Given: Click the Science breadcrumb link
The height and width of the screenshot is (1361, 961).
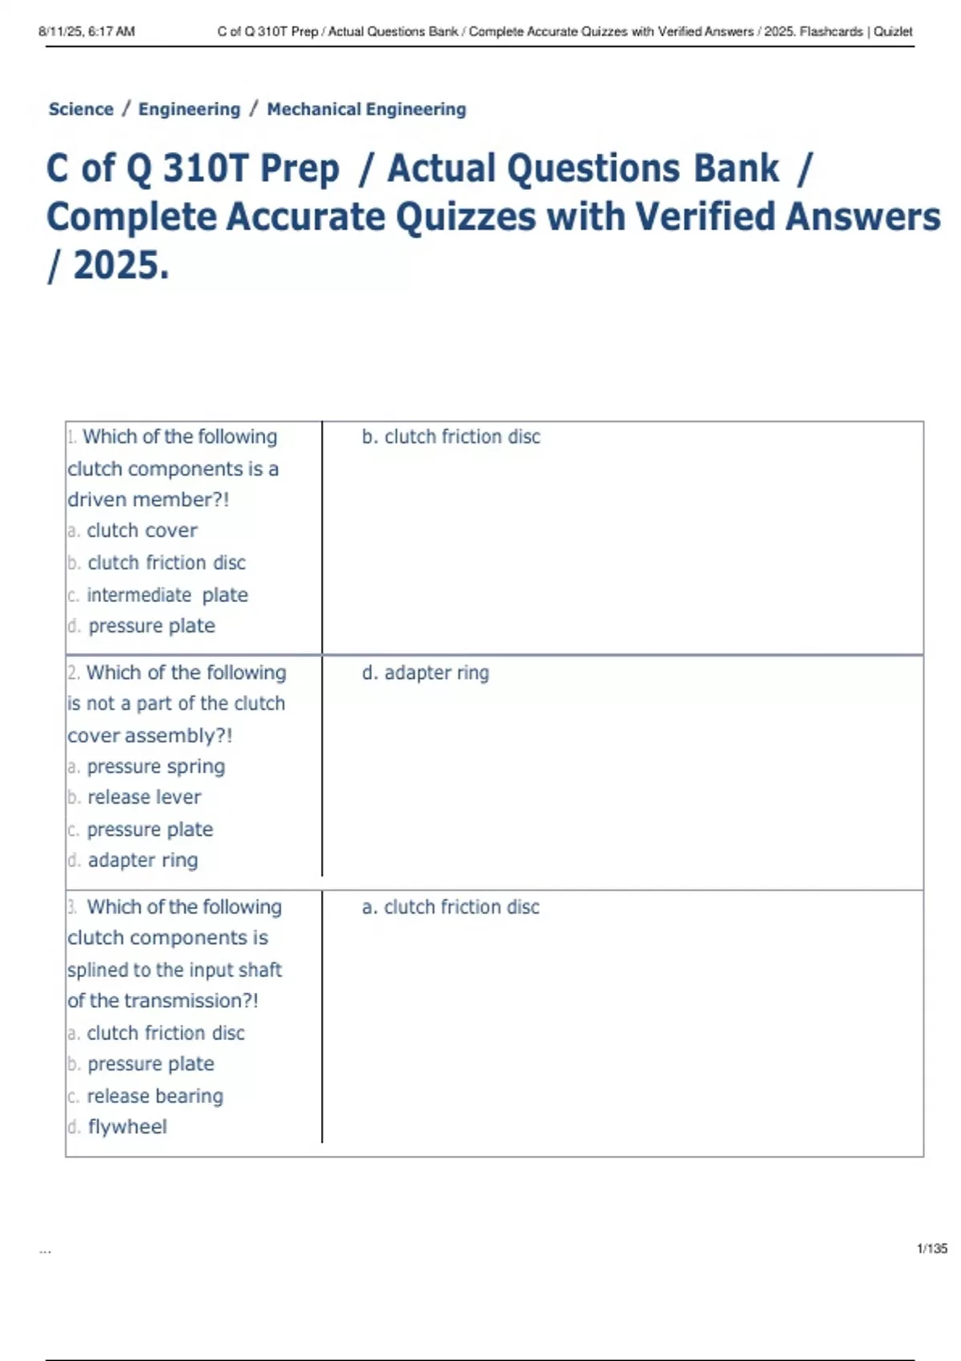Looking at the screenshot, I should [81, 109].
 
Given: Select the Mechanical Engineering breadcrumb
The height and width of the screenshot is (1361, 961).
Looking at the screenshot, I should [366, 109].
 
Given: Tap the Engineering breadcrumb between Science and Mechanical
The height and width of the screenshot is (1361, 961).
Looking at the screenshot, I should [189, 109].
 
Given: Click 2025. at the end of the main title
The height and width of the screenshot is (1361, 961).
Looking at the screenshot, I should [121, 266].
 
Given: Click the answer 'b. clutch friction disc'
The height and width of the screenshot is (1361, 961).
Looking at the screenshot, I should [451, 436].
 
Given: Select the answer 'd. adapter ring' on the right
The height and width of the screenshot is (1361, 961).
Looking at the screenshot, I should [425, 672].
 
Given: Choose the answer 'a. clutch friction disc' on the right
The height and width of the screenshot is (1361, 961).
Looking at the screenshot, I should [451, 907].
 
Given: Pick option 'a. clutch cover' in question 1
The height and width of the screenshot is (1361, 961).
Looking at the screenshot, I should [133, 530].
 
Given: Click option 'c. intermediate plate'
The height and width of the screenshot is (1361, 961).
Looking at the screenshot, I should [158, 595].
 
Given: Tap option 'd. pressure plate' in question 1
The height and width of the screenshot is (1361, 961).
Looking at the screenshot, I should [142, 625].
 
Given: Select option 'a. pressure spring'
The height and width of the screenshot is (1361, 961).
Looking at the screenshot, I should [147, 766].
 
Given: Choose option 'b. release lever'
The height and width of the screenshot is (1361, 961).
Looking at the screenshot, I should [135, 797].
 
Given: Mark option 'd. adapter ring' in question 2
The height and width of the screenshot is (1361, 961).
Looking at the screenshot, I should [133, 860].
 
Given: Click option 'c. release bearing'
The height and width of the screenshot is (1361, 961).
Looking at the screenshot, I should [146, 1095].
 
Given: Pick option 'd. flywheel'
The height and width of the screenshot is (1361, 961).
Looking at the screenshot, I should [118, 1126].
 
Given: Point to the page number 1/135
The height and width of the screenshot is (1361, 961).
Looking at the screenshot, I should [931, 1248].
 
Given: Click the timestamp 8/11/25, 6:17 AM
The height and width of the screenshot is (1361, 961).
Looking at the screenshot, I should [86, 32].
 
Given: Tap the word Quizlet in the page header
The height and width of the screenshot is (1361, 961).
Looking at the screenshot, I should [893, 32].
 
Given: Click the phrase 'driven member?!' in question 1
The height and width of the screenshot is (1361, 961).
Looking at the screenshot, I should [148, 500].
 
